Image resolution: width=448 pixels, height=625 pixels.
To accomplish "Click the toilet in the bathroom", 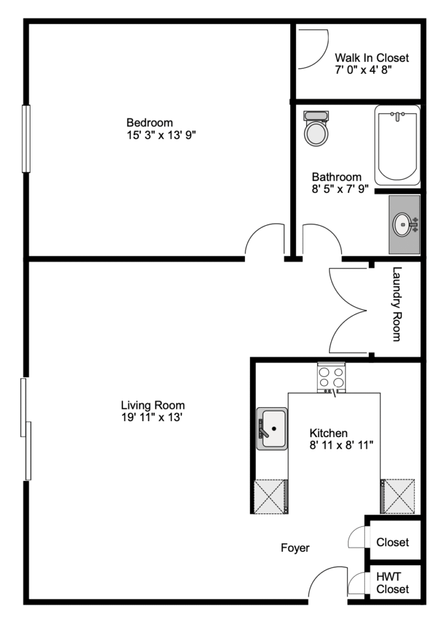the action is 316,128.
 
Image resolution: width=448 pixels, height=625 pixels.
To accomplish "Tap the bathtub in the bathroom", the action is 397,145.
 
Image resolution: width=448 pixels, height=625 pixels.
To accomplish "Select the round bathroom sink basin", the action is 403,225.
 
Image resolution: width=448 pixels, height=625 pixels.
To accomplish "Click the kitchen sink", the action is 272,428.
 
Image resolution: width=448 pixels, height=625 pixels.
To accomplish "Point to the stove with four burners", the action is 332,377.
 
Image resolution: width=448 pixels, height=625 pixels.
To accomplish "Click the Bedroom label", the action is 150,122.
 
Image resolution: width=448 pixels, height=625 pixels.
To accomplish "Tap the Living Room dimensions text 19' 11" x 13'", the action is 152,417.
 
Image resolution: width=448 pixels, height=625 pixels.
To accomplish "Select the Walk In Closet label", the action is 372,58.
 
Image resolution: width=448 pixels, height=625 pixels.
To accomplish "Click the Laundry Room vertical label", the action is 397,304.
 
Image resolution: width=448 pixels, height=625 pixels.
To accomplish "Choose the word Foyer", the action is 295,548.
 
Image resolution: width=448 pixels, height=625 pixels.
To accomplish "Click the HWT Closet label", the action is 393,583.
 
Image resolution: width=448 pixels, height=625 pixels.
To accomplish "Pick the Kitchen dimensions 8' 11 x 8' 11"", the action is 341,445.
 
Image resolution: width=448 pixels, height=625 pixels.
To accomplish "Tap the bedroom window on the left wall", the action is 26,139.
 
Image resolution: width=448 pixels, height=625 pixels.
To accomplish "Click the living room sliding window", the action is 26,429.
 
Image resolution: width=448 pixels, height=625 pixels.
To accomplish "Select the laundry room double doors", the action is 348,311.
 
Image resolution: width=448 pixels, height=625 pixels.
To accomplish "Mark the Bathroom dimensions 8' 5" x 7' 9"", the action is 340,189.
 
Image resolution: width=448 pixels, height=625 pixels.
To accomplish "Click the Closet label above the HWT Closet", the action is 393,543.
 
